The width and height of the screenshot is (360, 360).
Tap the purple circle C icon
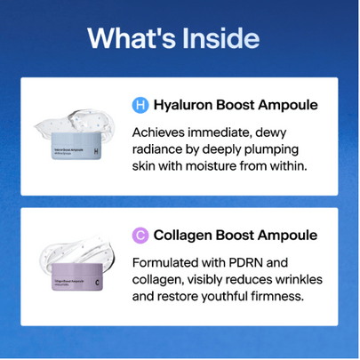tap(140, 236)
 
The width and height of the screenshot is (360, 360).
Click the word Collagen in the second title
tap(185, 236)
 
